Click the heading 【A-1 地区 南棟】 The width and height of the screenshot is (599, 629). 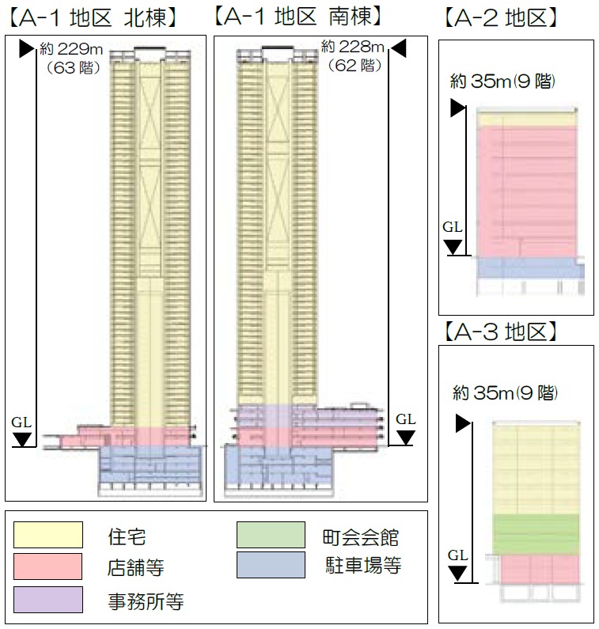coord(301,17)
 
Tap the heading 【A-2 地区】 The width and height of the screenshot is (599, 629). coord(501,17)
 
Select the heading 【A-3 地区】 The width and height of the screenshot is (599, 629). coord(501,332)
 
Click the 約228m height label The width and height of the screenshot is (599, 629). coord(355,51)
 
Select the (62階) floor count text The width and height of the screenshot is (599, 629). coord(354,67)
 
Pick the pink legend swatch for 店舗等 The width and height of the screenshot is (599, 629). coord(48,566)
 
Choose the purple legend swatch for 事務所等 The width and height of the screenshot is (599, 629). coord(48,599)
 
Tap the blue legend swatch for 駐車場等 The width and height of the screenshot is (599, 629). coord(271,565)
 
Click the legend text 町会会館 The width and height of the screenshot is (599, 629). coord(362,538)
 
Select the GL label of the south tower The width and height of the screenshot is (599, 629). coord(405,419)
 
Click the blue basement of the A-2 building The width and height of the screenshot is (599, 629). coord(526,267)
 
